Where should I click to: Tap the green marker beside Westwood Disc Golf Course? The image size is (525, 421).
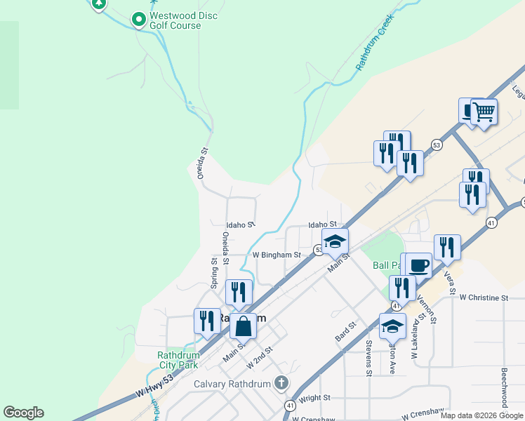coord(138,20)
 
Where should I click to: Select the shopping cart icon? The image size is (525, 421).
coord(483,112)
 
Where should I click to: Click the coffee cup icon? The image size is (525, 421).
coord(418,266)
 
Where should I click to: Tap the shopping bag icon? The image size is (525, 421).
coord(243,326)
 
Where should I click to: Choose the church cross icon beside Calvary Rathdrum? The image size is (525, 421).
coord(281,383)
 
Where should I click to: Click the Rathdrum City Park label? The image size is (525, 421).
coord(179,360)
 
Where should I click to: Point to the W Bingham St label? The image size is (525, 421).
coord(277,255)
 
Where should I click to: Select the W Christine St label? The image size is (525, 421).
coord(484,298)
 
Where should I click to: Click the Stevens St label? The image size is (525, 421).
coord(368,358)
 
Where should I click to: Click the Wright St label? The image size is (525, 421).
coord(314,398)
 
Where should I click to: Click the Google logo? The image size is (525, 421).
coord(23,413)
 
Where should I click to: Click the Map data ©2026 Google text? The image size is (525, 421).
coord(481,415)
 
